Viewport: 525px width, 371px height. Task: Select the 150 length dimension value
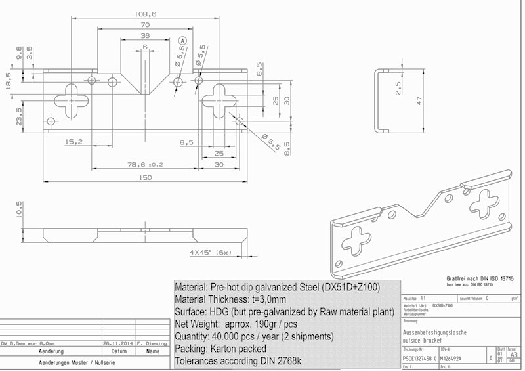coord(145,177)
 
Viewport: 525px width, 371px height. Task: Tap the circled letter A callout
coord(182,41)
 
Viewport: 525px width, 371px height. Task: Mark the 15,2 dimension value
coord(73,142)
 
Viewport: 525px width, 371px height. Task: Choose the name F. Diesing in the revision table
coord(152,343)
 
